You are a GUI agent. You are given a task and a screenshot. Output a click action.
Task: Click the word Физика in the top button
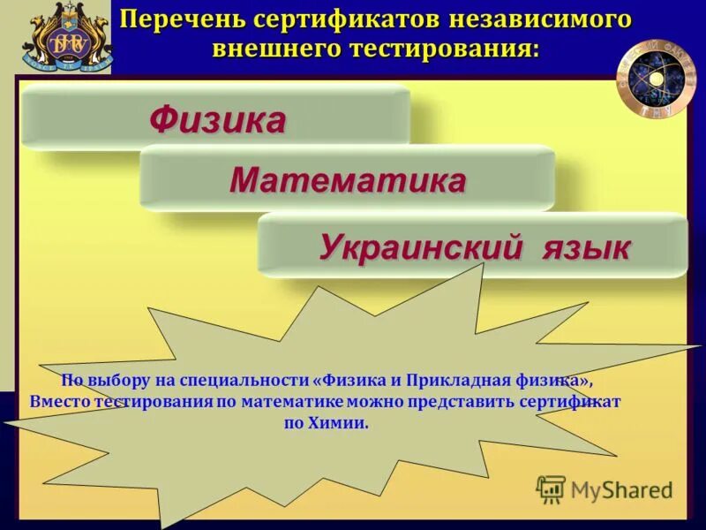pos(217,119)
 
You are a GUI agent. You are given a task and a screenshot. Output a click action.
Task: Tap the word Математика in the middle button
pos(348,181)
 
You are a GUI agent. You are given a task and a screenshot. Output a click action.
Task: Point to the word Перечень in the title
pos(172,20)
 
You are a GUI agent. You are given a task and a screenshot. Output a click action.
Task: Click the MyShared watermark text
pos(621,489)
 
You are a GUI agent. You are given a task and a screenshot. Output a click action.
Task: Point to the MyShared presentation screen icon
pos(551,488)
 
